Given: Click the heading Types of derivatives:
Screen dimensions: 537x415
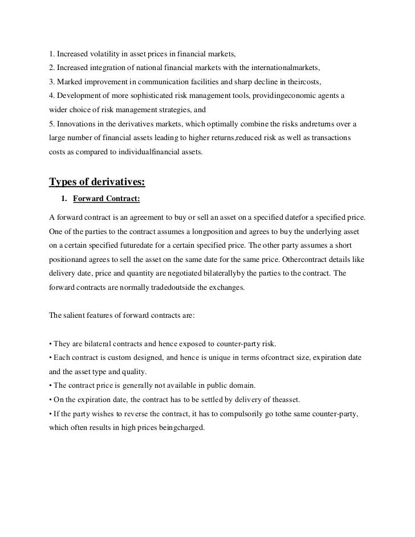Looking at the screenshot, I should pyautogui.click(x=97, y=182).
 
